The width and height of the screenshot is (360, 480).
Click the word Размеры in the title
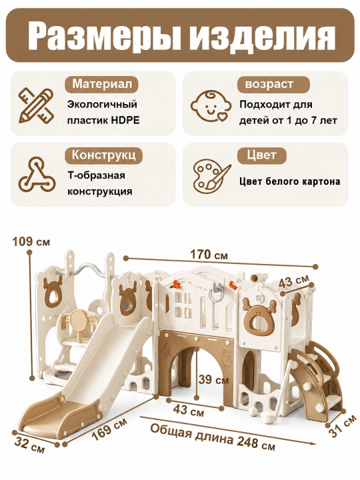coord(104,37)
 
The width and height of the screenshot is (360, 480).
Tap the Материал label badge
coord(102,83)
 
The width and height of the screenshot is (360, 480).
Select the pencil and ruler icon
coord(36,105)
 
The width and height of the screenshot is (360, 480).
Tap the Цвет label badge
coord(262,155)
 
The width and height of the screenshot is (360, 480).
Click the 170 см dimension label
coord(209,254)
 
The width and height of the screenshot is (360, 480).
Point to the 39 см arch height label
coord(213,379)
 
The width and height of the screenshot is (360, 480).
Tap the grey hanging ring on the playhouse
coord(217,292)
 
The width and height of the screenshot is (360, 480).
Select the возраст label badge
coord(269,84)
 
